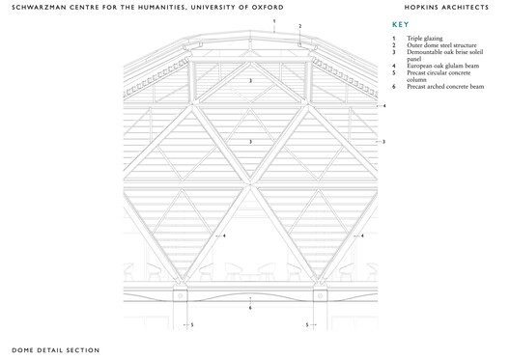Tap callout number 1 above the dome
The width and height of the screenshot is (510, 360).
point(274,20)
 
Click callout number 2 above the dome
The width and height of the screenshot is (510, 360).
point(300,26)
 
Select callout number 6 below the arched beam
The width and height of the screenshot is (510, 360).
point(250,308)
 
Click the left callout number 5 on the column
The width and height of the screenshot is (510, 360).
point(191,325)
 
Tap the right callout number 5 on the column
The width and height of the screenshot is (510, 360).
point(307,325)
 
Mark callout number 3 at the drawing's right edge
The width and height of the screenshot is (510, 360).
point(384,142)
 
